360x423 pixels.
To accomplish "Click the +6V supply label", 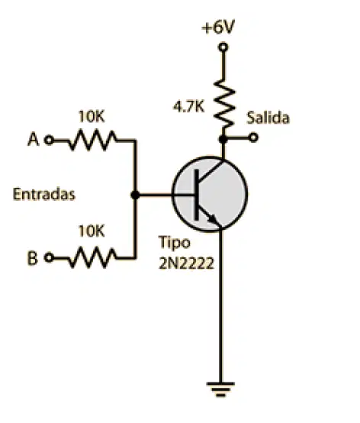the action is click(x=218, y=27).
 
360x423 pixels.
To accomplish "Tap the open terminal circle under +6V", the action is click(x=223, y=47).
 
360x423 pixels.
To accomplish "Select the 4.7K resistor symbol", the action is click(x=224, y=103).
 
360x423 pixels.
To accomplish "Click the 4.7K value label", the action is click(x=188, y=107).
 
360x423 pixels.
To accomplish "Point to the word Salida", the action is click(x=268, y=118).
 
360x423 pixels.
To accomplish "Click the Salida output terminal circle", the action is click(x=253, y=138).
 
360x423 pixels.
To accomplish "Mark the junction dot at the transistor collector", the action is click(x=223, y=139).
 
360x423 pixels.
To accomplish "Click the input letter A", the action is click(x=34, y=140).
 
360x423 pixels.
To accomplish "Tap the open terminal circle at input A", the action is click(x=49, y=140).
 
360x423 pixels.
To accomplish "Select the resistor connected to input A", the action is click(x=92, y=140).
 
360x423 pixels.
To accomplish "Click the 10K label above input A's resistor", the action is click(x=92, y=117).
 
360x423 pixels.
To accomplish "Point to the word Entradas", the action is click(x=44, y=194).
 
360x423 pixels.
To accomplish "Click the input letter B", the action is click(x=32, y=258).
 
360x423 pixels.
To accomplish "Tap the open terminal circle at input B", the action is click(x=49, y=257).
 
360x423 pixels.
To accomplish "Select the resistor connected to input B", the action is click(x=92, y=257).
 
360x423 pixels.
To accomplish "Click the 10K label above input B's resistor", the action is click(x=92, y=231).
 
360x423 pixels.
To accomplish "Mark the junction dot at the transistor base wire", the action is click(x=135, y=195).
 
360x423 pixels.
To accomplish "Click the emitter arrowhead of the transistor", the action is click(x=212, y=219).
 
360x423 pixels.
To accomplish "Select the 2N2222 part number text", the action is click(x=186, y=263).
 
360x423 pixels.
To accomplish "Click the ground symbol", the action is click(x=220, y=389).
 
